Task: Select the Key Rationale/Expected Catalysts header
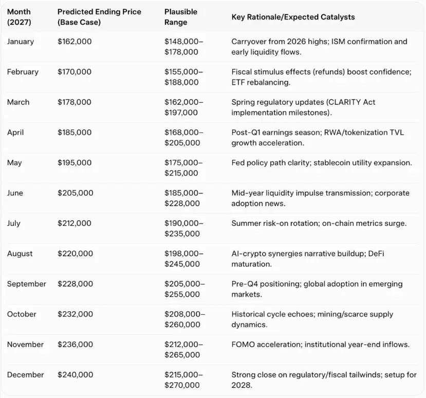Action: (x=293, y=17)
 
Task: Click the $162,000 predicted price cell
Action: (x=75, y=42)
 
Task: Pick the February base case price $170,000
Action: (x=75, y=72)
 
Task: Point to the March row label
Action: (x=18, y=102)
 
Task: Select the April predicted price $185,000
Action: (x=75, y=132)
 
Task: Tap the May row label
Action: (x=14, y=163)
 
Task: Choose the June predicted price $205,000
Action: (x=76, y=193)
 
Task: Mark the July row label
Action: (x=14, y=223)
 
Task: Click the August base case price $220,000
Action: (x=76, y=254)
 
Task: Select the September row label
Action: (x=26, y=284)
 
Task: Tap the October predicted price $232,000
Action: (x=76, y=314)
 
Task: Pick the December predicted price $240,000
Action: (x=76, y=375)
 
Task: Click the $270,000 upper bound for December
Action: (x=182, y=385)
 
